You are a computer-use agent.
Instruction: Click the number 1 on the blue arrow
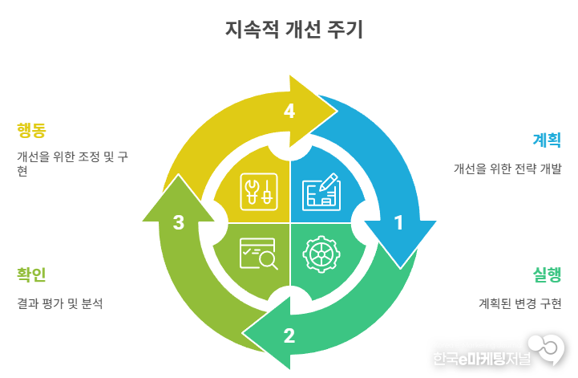coord(398,222)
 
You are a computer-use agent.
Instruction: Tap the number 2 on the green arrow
coord(289,335)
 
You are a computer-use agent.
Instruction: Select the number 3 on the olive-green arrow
coord(179,222)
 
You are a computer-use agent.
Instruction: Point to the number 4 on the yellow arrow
coord(289,112)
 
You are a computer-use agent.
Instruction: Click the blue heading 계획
coord(547,140)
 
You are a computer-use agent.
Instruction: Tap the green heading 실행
coord(547,274)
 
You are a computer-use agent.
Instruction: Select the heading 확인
coord(31,274)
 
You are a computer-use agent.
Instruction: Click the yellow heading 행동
coord(31,129)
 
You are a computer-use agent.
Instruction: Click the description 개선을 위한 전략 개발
coord(507,169)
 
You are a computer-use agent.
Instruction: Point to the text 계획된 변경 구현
coord(519,303)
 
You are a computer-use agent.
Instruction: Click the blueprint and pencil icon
coord(320,192)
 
